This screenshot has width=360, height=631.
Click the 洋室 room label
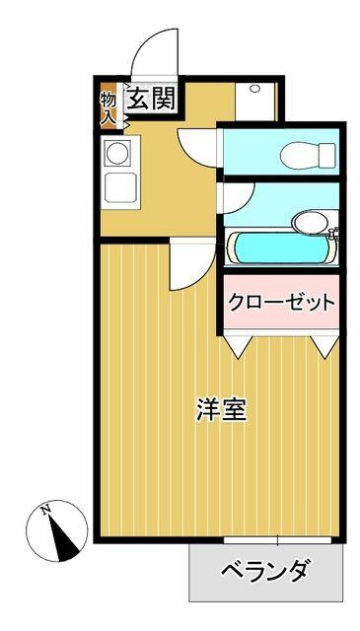(220, 410)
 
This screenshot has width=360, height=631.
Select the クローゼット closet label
(281, 303)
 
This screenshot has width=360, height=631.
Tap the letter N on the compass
(45, 510)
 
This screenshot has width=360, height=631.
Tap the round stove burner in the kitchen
(116, 154)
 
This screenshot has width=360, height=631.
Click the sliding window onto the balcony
(278, 540)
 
